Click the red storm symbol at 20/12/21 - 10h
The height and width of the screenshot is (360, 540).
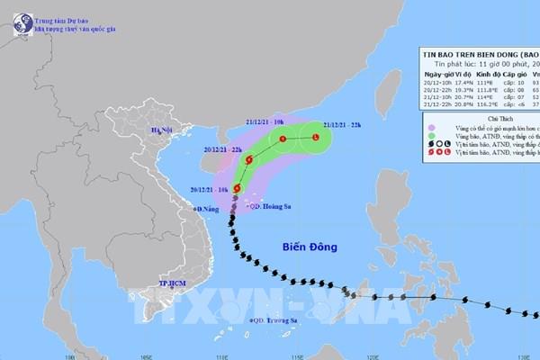(x=237, y=188)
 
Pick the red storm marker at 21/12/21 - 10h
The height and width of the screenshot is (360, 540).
(x=283, y=139)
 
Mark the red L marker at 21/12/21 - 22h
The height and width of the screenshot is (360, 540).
(x=315, y=138)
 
